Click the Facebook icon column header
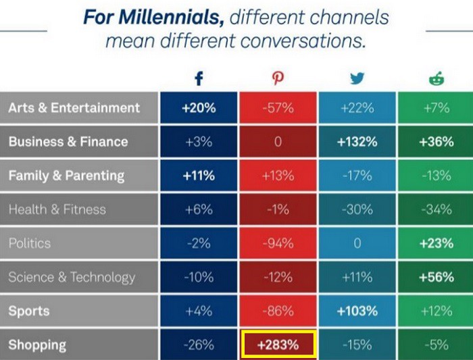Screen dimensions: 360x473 click(199, 79)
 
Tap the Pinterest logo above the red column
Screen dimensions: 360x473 click(278, 79)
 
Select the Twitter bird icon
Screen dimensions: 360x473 click(357, 79)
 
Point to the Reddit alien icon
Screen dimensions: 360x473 click(436, 79)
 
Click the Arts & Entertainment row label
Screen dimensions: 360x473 click(74, 108)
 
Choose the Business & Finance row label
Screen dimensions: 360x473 click(68, 142)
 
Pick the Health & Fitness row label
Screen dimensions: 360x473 click(57, 209)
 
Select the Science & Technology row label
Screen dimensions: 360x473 click(72, 277)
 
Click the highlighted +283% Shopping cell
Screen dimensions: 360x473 click(278, 345)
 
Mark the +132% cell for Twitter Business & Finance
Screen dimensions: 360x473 click(357, 142)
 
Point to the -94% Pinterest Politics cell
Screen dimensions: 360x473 click(278, 243)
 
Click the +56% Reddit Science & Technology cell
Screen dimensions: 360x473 click(436, 277)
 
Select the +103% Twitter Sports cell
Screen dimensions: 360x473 click(357, 311)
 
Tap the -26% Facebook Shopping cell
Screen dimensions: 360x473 click(199, 345)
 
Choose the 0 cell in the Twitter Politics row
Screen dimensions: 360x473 click(357, 243)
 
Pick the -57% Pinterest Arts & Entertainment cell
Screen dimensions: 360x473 click(278, 108)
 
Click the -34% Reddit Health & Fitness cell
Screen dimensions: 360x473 click(436, 209)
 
